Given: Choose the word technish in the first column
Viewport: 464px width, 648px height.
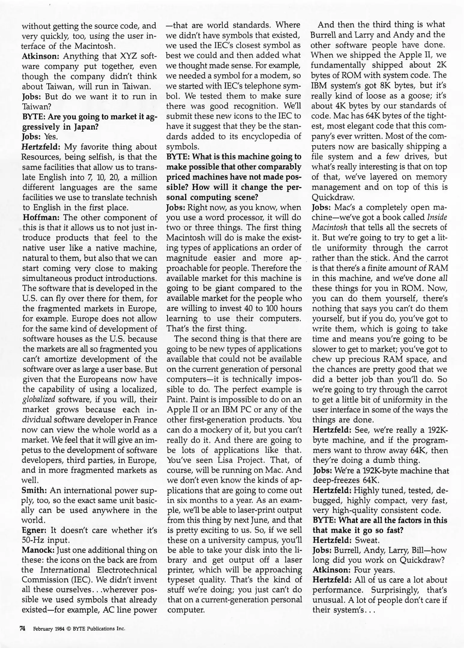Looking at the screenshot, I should pos(143,197).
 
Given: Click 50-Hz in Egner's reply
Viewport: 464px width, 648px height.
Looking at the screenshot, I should pos(34,540).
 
